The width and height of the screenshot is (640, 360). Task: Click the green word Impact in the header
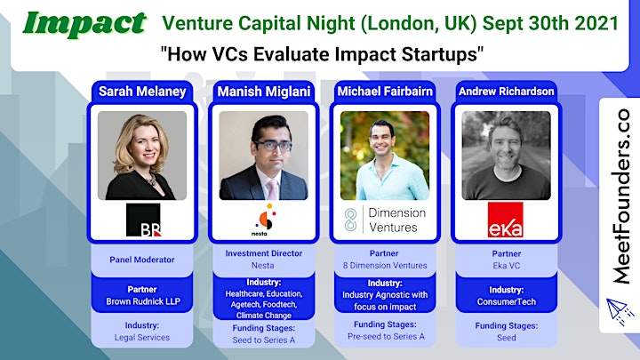pyautogui.click(x=84, y=24)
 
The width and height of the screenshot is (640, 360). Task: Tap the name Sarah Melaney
pyautogui.click(x=142, y=92)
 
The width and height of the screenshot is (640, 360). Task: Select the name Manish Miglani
pyautogui.click(x=264, y=92)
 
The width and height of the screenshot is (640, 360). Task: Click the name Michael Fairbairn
pyautogui.click(x=385, y=92)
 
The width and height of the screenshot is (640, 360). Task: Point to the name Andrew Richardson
pyautogui.click(x=506, y=92)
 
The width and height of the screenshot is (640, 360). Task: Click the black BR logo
pyautogui.click(x=143, y=220)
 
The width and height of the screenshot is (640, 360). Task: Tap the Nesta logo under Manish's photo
pyautogui.click(x=265, y=220)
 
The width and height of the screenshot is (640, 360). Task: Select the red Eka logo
pyautogui.click(x=506, y=220)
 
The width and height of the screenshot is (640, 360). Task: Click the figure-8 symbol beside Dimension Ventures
pyautogui.click(x=350, y=220)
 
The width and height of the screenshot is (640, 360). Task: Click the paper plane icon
pyautogui.click(x=620, y=311)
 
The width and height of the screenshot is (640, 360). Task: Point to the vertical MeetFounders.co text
pyautogui.click(x=621, y=196)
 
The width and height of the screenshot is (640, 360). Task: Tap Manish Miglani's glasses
pyautogui.click(x=273, y=145)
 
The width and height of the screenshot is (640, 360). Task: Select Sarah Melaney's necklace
pyautogui.click(x=151, y=180)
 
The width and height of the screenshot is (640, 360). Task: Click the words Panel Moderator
pyautogui.click(x=142, y=260)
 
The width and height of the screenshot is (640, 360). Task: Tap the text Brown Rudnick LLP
pyautogui.click(x=143, y=301)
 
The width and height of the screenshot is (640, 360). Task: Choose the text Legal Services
pyautogui.click(x=142, y=338)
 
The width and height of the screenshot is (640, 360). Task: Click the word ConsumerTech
pyautogui.click(x=507, y=302)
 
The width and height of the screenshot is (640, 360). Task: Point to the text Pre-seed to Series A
pyautogui.click(x=386, y=337)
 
